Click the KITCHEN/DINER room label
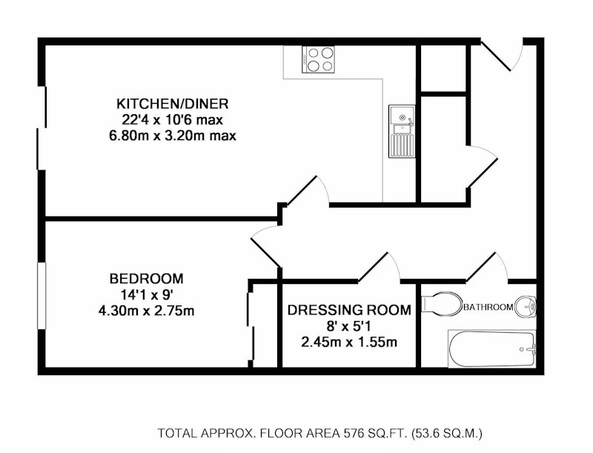tap(173, 103)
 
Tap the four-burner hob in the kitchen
tap(319, 59)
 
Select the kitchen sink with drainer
tap(402, 131)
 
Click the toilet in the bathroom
tap(442, 303)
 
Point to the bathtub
tap(491, 348)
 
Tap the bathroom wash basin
tap(526, 305)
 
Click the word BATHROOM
tap(488, 307)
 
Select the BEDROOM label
tap(146, 279)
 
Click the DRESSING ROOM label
tap(349, 310)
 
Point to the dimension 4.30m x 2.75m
tap(146, 311)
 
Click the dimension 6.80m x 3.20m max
tap(173, 136)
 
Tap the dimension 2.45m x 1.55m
tap(349, 342)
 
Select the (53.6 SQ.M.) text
tap(447, 432)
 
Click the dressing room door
tap(379, 268)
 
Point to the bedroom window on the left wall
tap(42, 295)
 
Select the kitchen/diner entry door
tap(307, 191)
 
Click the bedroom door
tap(265, 247)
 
